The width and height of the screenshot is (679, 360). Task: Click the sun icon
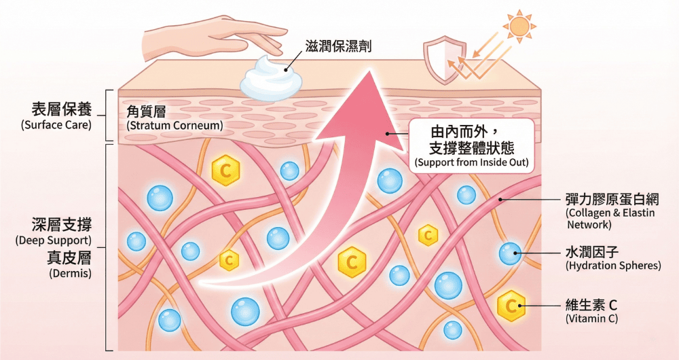click(x=519, y=26)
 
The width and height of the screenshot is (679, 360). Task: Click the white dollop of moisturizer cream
click(x=265, y=80)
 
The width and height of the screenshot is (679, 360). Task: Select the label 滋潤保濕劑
click(x=337, y=46)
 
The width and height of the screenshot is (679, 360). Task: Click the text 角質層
click(x=146, y=111)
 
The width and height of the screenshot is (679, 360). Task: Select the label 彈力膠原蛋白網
click(x=611, y=200)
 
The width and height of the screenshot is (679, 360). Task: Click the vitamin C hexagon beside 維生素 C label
click(x=511, y=306)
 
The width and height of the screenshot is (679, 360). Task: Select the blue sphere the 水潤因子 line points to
click(x=510, y=253)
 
